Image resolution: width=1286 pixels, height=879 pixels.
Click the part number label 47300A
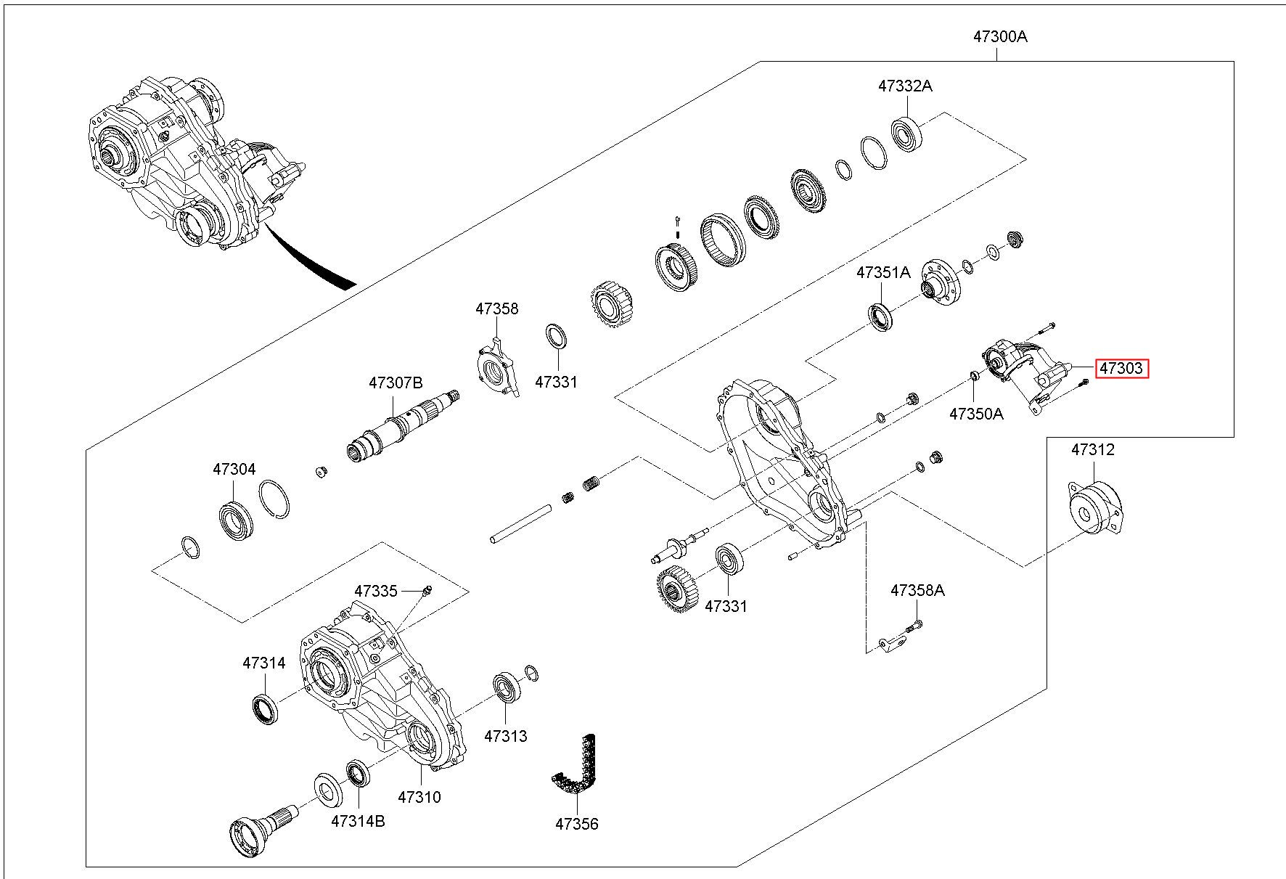pyautogui.click(x=1000, y=36)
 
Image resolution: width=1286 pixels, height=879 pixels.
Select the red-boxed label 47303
pyautogui.click(x=1121, y=369)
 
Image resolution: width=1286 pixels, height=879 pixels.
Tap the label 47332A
pyautogui.click(x=904, y=86)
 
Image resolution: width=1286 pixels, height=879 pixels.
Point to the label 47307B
pyautogui.click(x=395, y=383)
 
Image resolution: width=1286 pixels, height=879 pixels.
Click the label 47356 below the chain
pyautogui.click(x=577, y=824)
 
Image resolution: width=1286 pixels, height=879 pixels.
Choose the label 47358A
pyautogui.click(x=917, y=590)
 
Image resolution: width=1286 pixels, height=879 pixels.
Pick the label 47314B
pyautogui.click(x=358, y=821)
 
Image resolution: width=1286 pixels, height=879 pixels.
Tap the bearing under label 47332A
pyautogui.click(x=906, y=133)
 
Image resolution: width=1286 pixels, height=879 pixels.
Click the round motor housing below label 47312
pyautogui.click(x=1094, y=508)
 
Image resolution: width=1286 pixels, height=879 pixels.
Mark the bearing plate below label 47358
pyautogui.click(x=499, y=368)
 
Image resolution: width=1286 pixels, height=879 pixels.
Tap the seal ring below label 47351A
pyautogui.click(x=881, y=317)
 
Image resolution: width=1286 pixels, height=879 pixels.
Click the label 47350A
pyautogui.click(x=976, y=414)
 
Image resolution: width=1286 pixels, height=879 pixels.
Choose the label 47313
pyautogui.click(x=506, y=735)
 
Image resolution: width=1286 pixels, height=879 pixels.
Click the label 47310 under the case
pyautogui.click(x=419, y=797)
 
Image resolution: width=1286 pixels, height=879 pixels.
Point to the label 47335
pyautogui.click(x=376, y=591)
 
